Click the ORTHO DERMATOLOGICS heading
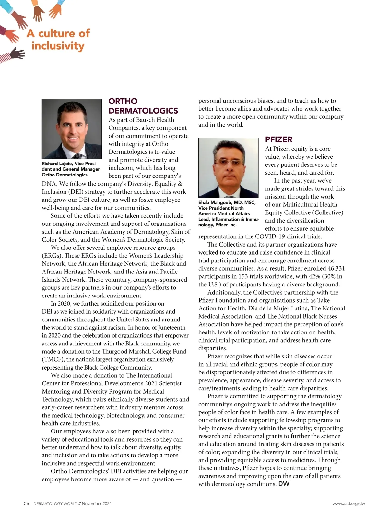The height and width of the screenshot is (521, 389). point(143,106)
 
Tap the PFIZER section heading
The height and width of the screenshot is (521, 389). point(279,139)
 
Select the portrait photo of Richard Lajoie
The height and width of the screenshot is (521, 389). point(72,128)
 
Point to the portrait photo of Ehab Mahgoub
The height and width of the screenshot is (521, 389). point(228,168)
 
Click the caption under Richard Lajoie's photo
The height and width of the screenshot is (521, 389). point(71,169)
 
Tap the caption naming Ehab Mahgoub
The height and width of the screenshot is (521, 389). point(228,213)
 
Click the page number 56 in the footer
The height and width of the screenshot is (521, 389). point(27,503)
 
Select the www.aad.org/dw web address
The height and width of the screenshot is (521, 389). point(348,504)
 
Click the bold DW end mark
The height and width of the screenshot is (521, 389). point(284,484)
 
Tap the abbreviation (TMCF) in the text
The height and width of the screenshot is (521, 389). point(53,359)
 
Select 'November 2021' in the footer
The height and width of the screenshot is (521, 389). point(97,504)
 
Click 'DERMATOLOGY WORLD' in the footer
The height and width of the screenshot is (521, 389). point(55,504)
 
